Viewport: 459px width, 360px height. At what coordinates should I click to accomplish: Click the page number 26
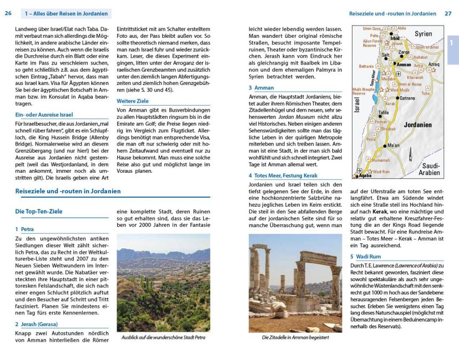click(x=8, y=13)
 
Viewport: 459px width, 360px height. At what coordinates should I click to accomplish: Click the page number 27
click(x=448, y=13)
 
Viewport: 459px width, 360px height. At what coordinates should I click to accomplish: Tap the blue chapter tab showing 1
click(x=452, y=43)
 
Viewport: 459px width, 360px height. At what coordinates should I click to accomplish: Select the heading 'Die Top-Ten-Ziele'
click(x=39, y=212)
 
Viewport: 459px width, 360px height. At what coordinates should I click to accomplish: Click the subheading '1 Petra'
click(x=25, y=229)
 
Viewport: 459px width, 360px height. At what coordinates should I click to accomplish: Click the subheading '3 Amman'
click(x=261, y=88)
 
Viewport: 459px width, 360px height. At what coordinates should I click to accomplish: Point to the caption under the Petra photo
click(x=163, y=337)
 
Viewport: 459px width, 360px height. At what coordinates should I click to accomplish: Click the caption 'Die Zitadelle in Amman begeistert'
click(x=295, y=337)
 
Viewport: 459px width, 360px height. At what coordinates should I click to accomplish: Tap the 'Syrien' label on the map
click(x=423, y=34)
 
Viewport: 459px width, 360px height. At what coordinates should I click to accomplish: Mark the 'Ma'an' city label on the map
click(x=393, y=146)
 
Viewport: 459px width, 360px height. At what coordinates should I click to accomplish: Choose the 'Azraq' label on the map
click(x=433, y=64)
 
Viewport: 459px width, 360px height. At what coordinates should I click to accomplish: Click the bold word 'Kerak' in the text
click(x=380, y=212)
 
